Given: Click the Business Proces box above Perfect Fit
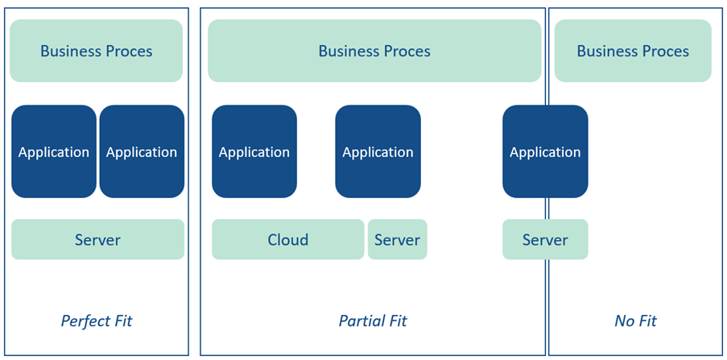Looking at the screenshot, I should point(96,51).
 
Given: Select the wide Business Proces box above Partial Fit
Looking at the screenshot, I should point(374,51).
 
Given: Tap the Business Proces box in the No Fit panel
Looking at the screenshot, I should point(633,51).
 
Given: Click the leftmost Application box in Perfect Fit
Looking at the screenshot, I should point(54,151).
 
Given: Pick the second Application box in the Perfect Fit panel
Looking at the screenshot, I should point(142,151).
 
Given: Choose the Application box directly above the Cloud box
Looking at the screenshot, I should point(254,151).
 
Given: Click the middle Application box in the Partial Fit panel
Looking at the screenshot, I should point(378,151).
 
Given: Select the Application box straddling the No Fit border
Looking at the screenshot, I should point(545,151).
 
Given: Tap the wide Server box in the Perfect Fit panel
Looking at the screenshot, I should point(97,239).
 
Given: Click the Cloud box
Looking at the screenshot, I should point(287,239).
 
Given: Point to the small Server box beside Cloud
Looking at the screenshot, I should point(397,239).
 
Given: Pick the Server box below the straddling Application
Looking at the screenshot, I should point(545,239).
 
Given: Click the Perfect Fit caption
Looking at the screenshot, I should point(97,321).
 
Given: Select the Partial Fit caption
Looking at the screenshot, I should point(373,321).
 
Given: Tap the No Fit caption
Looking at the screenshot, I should point(635,321).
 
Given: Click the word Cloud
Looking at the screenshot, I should point(287,239).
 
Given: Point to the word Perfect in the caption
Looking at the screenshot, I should point(85,321).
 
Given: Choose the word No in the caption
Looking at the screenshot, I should point(624,321).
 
